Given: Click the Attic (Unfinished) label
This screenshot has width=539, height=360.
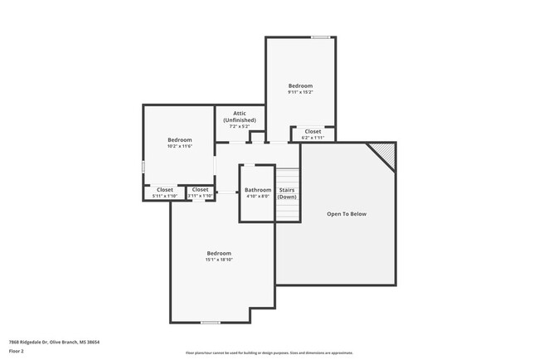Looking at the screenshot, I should coord(239,116).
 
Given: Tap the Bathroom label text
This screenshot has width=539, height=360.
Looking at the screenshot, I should coord(258,190).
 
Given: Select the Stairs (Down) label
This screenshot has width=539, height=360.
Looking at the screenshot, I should coord(287,193).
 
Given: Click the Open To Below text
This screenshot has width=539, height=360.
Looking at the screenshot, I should coord(346,214).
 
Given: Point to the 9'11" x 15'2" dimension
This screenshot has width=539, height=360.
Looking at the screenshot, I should coord(300,92).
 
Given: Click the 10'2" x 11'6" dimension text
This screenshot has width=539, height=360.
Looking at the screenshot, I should coord(179,146).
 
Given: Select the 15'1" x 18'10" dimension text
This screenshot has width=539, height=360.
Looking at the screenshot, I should coord(219,260).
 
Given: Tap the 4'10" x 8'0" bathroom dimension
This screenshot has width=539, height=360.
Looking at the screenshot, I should coord(258,197).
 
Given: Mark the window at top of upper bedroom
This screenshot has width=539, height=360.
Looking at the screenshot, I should coord(320,37).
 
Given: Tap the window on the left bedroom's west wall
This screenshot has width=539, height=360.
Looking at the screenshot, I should coord(143,167).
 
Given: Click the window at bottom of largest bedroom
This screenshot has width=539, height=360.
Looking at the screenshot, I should coord(211,322).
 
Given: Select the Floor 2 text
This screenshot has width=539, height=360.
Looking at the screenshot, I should coord(16,351).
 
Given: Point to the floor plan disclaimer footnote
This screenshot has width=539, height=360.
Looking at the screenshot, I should coord(269,353).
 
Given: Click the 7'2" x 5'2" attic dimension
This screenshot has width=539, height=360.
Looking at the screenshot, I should coord(239,126).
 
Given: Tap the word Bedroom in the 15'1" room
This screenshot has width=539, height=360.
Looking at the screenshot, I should coord(219,253).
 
